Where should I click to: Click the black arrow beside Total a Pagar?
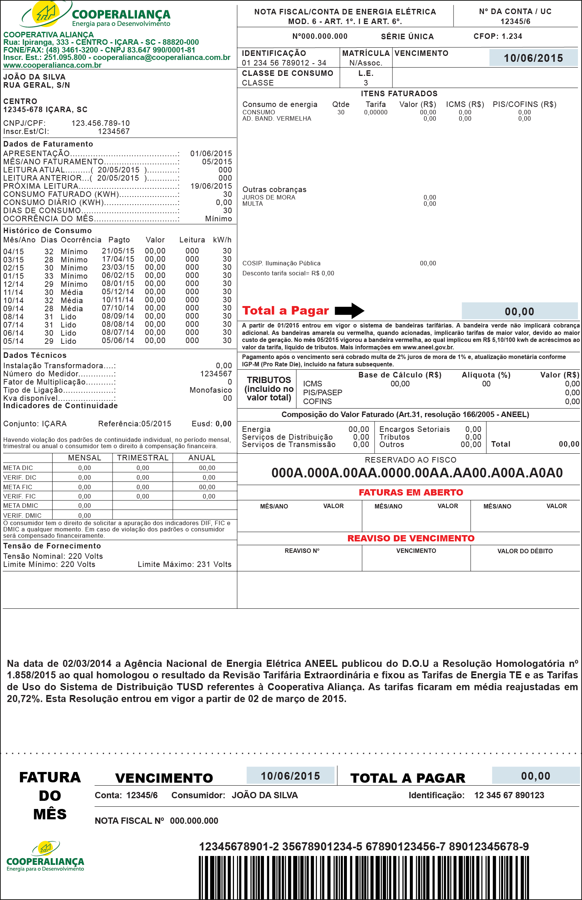[349, 310]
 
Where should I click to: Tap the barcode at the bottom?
[364, 877]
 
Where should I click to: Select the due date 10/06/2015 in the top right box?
[533, 58]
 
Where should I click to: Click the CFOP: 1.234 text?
[498, 36]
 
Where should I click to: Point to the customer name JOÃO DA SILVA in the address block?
[34, 77]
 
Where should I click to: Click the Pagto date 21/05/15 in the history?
[118, 251]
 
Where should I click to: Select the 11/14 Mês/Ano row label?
[13, 292]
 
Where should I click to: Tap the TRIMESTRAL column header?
[143, 458]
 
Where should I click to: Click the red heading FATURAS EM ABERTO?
[411, 493]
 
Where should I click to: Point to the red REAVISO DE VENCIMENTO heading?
[411, 538]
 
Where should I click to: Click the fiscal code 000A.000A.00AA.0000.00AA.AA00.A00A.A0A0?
[417, 473]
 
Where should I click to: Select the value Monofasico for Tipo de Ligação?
[211, 390]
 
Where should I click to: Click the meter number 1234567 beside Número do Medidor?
[216, 374]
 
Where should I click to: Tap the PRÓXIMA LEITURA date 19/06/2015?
[211, 186]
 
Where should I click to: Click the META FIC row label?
[18, 487]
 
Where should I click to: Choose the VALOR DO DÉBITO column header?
[525, 551]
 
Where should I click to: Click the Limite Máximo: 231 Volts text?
[184, 564]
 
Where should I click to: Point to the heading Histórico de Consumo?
[48, 231]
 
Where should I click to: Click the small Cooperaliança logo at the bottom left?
[45, 856]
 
